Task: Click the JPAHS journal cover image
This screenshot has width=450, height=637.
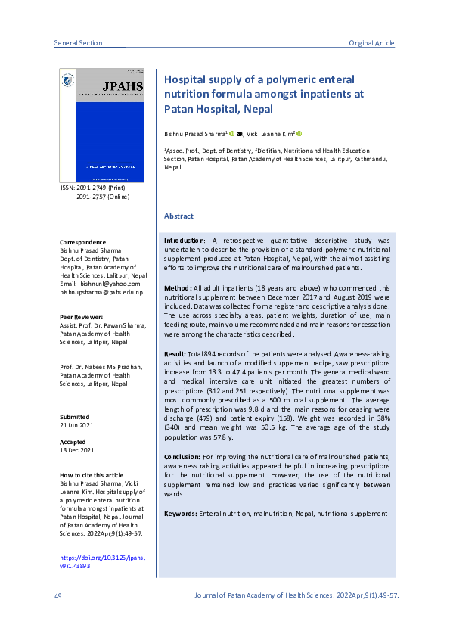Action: click(x=101, y=125)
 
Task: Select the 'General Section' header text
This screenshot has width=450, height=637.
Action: click(x=78, y=43)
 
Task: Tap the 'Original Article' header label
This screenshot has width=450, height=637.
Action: click(x=371, y=43)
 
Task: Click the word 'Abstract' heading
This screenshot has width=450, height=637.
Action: click(x=178, y=216)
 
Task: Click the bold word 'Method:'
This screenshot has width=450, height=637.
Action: click(x=178, y=288)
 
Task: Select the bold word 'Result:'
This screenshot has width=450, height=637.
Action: click(x=176, y=353)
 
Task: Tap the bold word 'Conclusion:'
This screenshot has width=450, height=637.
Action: click(x=182, y=458)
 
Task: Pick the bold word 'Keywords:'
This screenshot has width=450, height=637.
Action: click(x=181, y=514)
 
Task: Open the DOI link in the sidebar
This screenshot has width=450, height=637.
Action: click(x=102, y=562)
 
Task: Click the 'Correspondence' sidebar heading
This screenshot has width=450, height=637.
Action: click(x=83, y=242)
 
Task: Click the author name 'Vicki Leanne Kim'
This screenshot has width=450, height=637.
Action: click(x=268, y=133)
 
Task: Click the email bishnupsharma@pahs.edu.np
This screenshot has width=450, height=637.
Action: click(x=101, y=292)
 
